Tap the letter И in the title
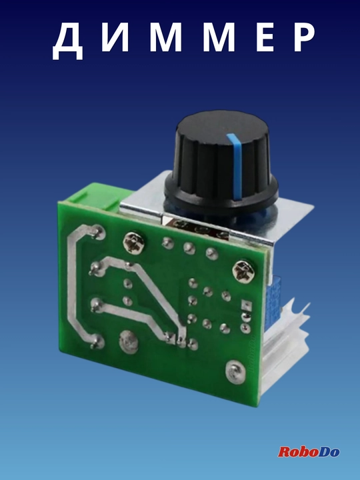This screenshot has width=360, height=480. coord(115,37)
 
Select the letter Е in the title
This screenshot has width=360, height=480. coord(265,37)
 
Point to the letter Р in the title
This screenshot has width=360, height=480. coord(304,37)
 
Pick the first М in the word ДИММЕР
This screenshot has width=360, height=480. coord(165,37)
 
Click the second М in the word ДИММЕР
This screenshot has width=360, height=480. coord(219,37)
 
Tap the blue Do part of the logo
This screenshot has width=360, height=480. coord(329,452)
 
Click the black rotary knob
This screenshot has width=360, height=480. coord(221,162)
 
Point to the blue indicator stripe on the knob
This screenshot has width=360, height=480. coord(236,165)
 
